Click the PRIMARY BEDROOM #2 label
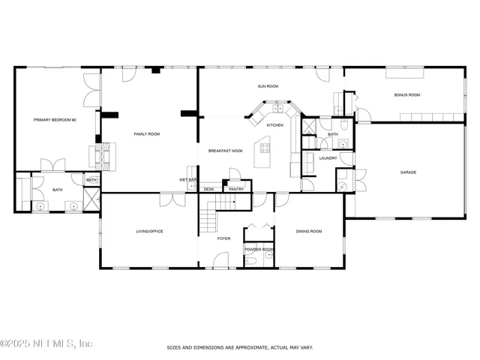pyautogui.click(x=55, y=119)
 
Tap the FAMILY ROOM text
pyautogui.click(x=147, y=134)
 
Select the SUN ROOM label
pyautogui.click(x=268, y=86)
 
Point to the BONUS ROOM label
pyautogui.click(x=407, y=95)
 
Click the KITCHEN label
pyautogui.click(x=275, y=124)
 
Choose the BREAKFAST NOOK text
pyautogui.click(x=226, y=151)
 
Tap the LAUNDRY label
pyautogui.click(x=328, y=158)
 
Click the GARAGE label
pyautogui.click(x=407, y=172)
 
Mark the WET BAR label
pyautogui.click(x=187, y=180)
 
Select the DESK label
pyautogui.click(x=208, y=189)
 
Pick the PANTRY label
pyautogui.click(x=236, y=189)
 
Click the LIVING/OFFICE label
pyautogui.click(x=148, y=231)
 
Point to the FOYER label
pyautogui.click(x=223, y=238)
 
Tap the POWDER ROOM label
pyautogui.click(x=259, y=249)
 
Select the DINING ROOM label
pyautogui.click(x=308, y=231)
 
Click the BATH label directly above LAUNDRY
pyautogui.click(x=332, y=134)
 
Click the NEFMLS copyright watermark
pyautogui.click(x=46, y=344)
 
